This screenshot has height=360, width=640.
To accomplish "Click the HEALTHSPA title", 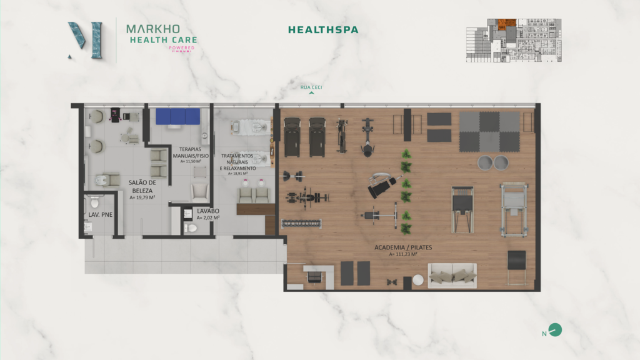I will pyautogui.click(x=323, y=29).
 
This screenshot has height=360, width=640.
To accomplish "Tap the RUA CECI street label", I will pyautogui.click(x=311, y=87).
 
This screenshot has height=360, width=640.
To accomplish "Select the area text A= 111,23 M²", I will pyautogui.click(x=403, y=254).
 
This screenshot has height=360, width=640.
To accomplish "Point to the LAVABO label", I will pyautogui.click(x=207, y=211).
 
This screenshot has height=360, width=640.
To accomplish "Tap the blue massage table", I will pyautogui.click(x=177, y=117).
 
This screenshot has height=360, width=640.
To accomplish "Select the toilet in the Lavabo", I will pyautogui.click(x=191, y=228).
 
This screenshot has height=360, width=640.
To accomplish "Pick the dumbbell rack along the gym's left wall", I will pyautogui.click(x=302, y=222).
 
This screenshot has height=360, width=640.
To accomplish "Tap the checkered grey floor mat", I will pyautogui.click(x=489, y=131).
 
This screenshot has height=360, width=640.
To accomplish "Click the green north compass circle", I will pyautogui.click(x=555, y=330).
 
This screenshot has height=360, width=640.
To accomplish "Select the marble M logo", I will pyautogui.click(x=86, y=40).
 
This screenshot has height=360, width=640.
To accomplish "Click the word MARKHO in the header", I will pyautogui.click(x=152, y=29).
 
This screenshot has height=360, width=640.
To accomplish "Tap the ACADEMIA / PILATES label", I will pyautogui.click(x=403, y=247).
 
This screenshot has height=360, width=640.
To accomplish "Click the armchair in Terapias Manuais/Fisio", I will pyautogui.click(x=199, y=191).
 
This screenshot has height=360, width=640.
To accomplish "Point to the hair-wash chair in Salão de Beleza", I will pyautogui.click(x=111, y=181).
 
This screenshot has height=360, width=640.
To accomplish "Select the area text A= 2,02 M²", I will pyautogui.click(x=207, y=218).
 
